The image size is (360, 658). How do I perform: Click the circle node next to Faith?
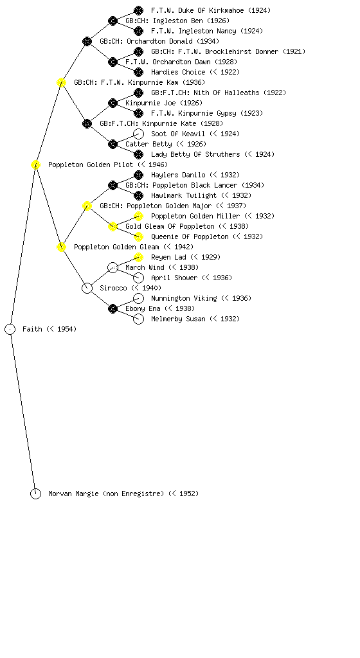(10, 330)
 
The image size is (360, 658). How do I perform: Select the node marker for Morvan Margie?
(35, 494)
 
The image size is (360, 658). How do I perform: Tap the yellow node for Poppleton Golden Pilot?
(35, 165)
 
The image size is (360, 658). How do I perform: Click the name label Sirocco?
(113, 288)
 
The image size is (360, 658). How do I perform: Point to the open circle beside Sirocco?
(87, 289)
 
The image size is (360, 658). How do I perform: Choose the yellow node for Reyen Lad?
(138, 257)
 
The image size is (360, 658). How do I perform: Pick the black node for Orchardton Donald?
(87, 42)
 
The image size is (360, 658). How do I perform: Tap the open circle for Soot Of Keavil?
(138, 134)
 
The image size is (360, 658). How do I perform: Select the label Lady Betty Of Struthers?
(195, 154)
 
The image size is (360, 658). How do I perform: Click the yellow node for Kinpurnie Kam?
(61, 83)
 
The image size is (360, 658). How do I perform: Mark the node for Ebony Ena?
(113, 309)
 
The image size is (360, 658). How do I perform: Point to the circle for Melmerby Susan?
(138, 319)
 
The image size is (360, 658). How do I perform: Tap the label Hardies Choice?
(178, 72)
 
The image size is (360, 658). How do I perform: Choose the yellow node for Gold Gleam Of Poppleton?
(113, 227)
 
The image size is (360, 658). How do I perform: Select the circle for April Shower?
(138, 278)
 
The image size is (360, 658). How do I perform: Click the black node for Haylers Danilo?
(138, 175)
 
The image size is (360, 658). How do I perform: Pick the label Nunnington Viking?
(184, 298)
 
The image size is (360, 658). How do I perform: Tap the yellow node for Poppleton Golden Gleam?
(61, 247)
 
